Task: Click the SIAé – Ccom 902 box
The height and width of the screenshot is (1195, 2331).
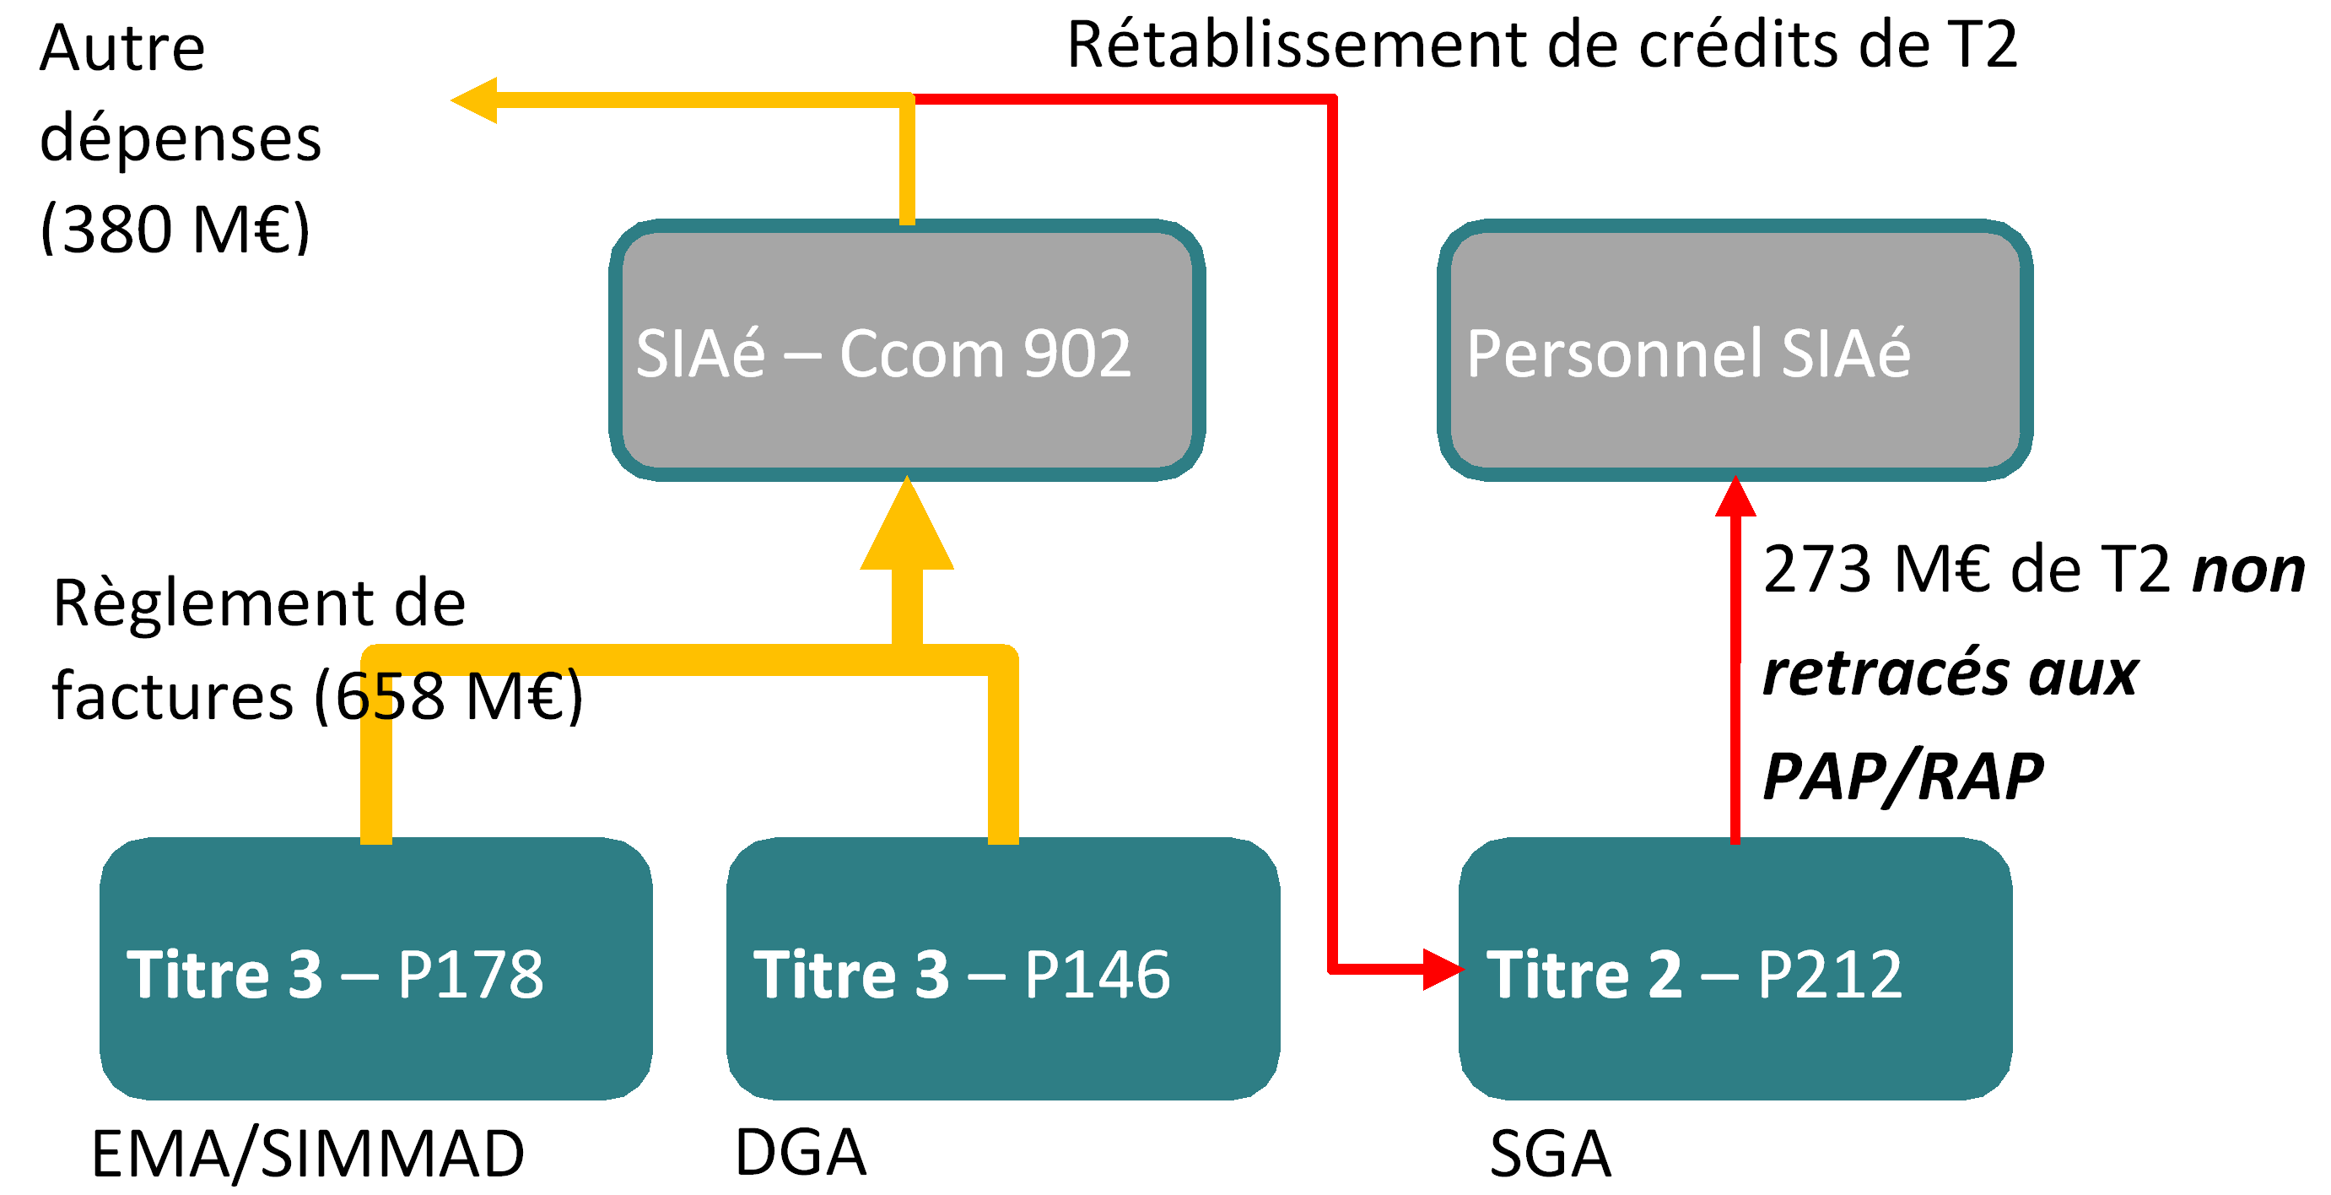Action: (x=907, y=351)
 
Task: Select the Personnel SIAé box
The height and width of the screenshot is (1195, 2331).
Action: (x=1734, y=351)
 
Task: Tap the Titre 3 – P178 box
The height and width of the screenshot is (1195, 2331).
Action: (x=375, y=969)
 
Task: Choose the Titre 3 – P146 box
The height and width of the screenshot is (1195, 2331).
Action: (x=1002, y=969)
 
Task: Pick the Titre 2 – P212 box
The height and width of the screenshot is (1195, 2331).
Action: (x=1735, y=969)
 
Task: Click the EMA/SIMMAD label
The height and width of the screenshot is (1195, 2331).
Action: (x=308, y=1154)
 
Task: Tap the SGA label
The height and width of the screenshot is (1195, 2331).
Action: (x=1550, y=1154)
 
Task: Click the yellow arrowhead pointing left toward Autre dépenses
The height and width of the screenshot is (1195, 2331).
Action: (x=475, y=100)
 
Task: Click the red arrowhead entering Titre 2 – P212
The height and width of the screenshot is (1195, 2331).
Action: (x=1443, y=970)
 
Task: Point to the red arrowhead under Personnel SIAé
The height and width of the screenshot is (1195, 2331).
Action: (x=1735, y=498)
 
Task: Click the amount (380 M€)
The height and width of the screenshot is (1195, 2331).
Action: (x=175, y=228)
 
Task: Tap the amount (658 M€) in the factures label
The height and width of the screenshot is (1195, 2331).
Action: (x=449, y=695)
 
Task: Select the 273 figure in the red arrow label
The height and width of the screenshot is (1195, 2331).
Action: (x=1817, y=570)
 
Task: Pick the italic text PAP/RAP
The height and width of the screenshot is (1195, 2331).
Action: (x=1902, y=776)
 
